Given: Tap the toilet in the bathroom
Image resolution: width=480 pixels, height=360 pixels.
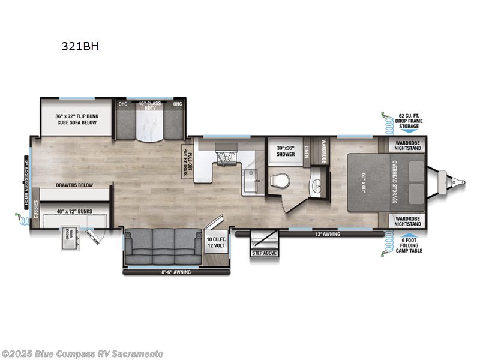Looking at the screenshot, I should pyautogui.click(x=279, y=180).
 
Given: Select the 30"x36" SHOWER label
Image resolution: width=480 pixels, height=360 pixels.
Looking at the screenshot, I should pyautogui.click(x=286, y=151).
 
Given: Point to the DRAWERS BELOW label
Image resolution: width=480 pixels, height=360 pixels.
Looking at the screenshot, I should pyautogui.click(x=74, y=185).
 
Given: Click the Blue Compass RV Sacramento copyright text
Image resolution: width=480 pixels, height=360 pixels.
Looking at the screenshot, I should pyautogui.click(x=82, y=353).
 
